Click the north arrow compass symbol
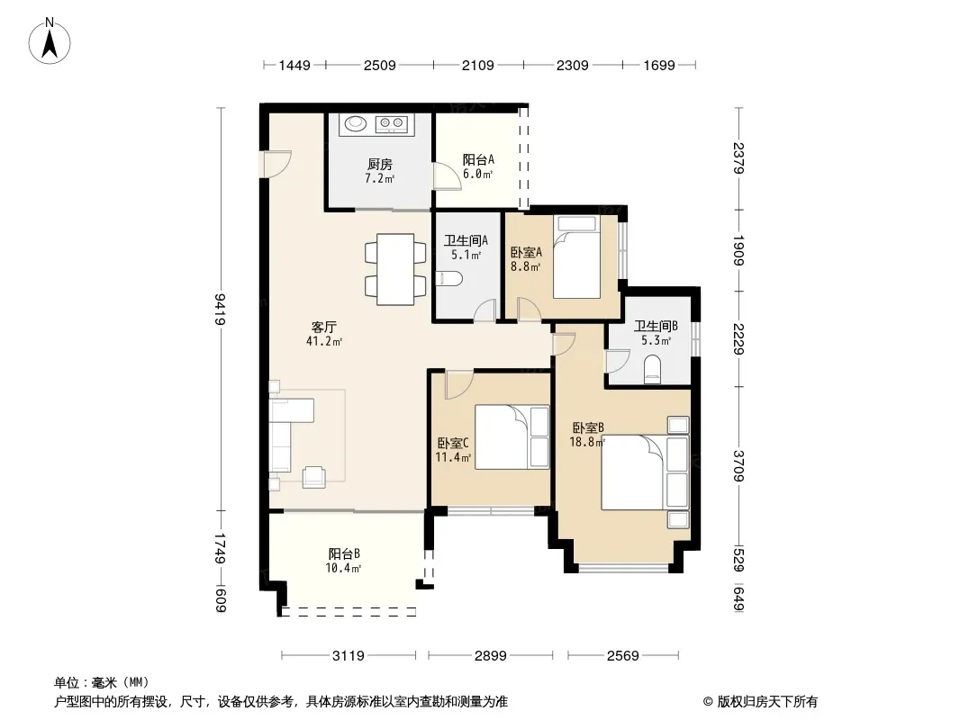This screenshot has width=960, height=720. (50, 41)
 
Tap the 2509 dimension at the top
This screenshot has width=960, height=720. (380, 66)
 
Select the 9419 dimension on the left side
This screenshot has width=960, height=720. (221, 309)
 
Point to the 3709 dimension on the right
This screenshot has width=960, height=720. (739, 466)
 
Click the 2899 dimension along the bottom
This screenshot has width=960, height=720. (491, 656)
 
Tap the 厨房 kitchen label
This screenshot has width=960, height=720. (380, 164)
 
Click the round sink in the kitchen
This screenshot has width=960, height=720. (355, 123)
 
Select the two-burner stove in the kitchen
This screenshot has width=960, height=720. (391, 124)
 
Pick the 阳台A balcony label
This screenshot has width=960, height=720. (478, 159)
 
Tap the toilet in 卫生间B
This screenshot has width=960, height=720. (653, 370)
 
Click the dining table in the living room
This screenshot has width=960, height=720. (395, 269)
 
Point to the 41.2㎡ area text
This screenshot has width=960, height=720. (324, 341)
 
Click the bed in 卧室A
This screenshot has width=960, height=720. (576, 256)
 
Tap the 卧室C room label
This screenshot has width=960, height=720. (453, 443)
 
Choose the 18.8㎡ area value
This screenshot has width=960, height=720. (587, 442)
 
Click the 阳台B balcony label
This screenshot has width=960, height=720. (344, 553)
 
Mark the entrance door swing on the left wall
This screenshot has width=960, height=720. (276, 164)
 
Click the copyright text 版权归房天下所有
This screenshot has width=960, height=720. (767, 702)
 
